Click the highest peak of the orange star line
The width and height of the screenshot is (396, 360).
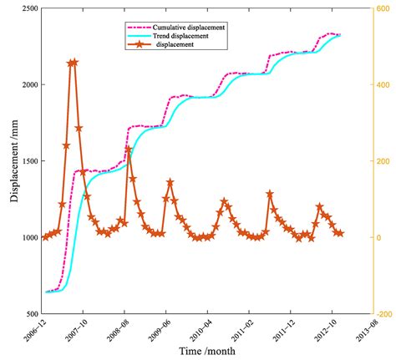[x=73, y=63]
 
